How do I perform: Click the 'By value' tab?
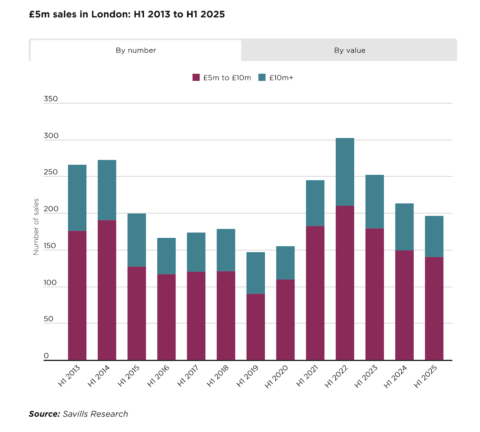349,50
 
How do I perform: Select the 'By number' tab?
136,50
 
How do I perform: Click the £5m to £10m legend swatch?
196,78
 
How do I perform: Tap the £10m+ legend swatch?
262,78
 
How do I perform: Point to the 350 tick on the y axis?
51,99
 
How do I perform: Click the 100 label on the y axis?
50,283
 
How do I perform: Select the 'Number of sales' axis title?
36,227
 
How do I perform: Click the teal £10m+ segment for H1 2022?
345,172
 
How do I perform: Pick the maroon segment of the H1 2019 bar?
255,327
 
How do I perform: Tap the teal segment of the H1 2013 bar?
77,198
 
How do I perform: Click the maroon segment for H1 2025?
434,309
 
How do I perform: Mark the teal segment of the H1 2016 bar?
166,256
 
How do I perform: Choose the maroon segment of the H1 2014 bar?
107,290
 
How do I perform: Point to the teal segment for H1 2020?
285,263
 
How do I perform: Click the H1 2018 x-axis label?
218,376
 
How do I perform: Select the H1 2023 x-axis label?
366,376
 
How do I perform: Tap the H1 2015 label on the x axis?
129,376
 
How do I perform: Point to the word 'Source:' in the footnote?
44,414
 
